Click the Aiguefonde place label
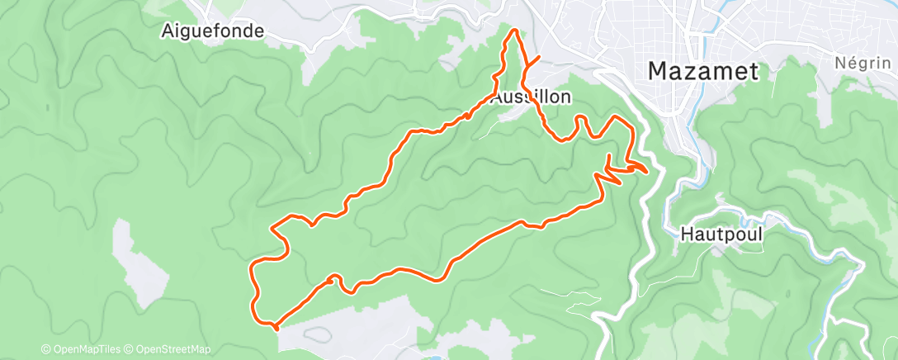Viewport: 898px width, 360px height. (214, 31)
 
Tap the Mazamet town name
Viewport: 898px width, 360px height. (702, 71)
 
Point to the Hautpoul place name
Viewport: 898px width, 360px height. (721, 234)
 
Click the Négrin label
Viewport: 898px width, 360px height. (863, 64)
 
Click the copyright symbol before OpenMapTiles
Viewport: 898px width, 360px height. (46, 349)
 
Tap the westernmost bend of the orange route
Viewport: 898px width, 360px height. (251, 268)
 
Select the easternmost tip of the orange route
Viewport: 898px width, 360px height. (645, 171)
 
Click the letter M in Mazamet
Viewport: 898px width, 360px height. (658, 71)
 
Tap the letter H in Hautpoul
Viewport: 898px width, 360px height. (688, 234)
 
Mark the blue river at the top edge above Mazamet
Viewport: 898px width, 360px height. (726, 7)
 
